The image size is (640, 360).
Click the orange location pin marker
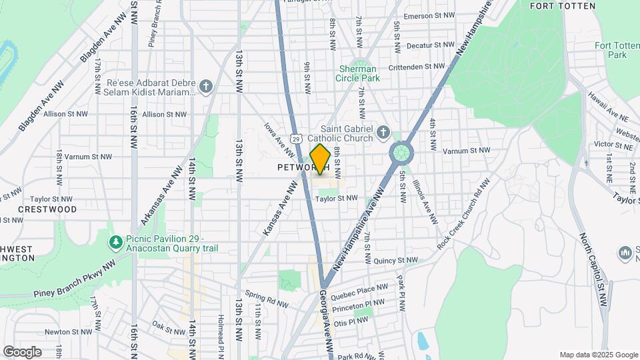pyautogui.click(x=320, y=159)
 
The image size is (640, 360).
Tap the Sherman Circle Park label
pyautogui.click(x=357, y=73)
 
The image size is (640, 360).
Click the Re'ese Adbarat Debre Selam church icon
pyautogui.click(x=207, y=87)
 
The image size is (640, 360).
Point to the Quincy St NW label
pyautogui.click(x=395, y=261)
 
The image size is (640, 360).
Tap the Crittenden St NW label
pyautogui.click(x=417, y=66)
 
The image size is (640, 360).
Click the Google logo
pyautogui.click(x=22, y=351)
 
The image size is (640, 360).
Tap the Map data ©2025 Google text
pyautogui.click(x=598, y=355)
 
